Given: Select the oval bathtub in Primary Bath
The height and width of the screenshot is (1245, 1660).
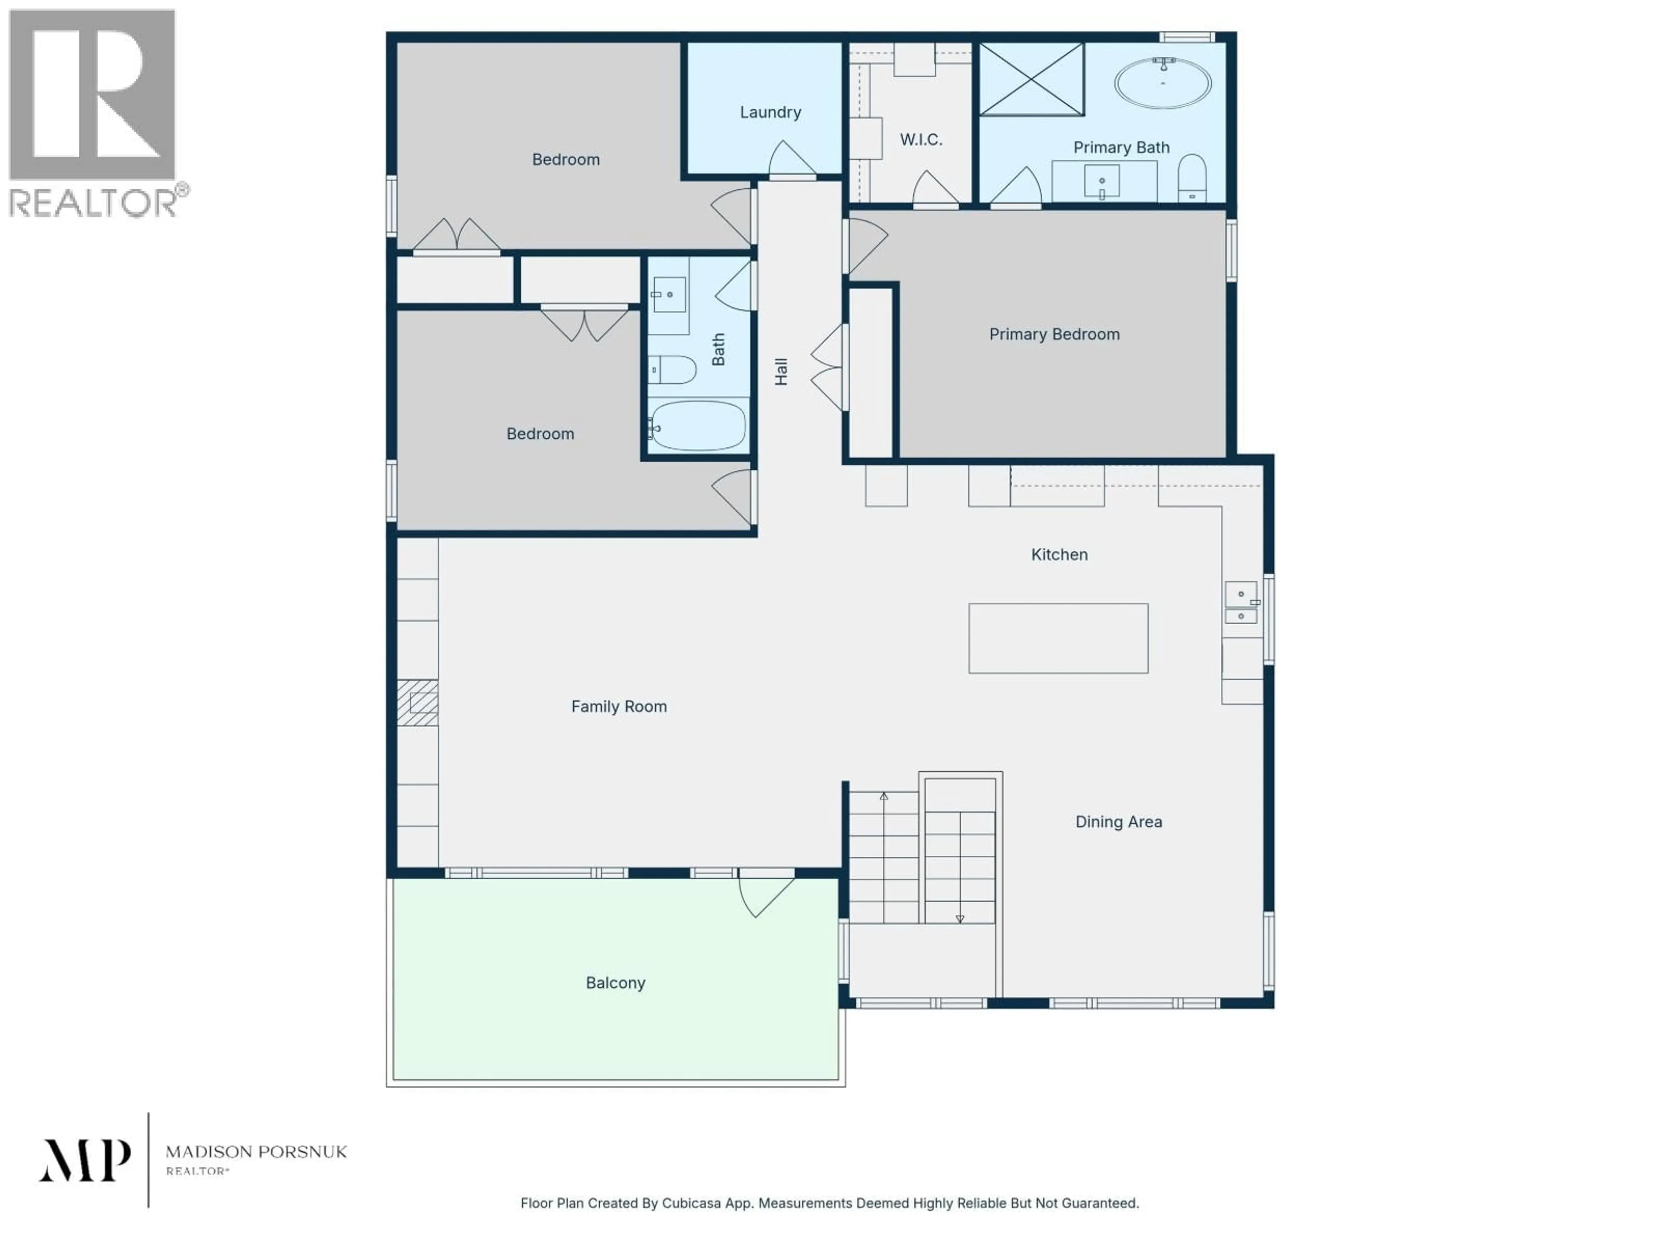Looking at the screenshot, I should click(x=1162, y=83).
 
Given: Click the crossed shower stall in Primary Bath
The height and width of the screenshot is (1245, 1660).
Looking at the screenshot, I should click(x=1032, y=79).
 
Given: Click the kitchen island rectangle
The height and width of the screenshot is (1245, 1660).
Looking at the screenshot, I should click(x=1058, y=638).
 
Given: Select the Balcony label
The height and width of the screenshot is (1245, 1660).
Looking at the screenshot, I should click(x=616, y=983).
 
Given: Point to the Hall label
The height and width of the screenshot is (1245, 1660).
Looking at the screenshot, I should click(x=781, y=371).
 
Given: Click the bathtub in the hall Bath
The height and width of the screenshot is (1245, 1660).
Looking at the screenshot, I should click(x=697, y=425).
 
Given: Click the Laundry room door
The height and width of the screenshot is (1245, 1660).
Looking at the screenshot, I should click(x=792, y=161).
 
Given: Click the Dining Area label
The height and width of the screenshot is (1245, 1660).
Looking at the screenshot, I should click(x=1118, y=822).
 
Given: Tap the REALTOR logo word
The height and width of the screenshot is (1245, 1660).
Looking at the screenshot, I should click(x=93, y=203).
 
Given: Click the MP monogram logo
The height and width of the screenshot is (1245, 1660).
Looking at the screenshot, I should click(x=85, y=1160).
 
